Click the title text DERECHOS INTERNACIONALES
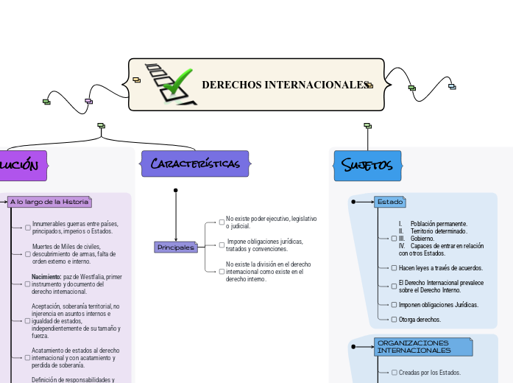click(285, 85)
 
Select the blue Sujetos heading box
click(367, 165)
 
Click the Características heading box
click(195, 164)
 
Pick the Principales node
click(176, 247)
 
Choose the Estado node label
click(389, 201)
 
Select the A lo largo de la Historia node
click(49, 201)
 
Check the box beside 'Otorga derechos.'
click(394, 320)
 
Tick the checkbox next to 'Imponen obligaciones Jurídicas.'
click(394, 304)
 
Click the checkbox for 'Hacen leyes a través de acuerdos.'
click(394, 268)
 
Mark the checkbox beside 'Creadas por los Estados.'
click(394, 373)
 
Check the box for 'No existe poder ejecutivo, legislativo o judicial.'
click(222, 222)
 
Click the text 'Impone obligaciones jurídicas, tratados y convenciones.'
click(264, 245)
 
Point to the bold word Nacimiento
click(46, 277)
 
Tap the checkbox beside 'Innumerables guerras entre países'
click(27, 228)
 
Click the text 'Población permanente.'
click(439, 223)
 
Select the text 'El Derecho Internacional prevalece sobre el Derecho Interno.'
click(441, 286)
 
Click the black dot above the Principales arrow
click(176, 191)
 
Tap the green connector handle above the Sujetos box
click(367, 126)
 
